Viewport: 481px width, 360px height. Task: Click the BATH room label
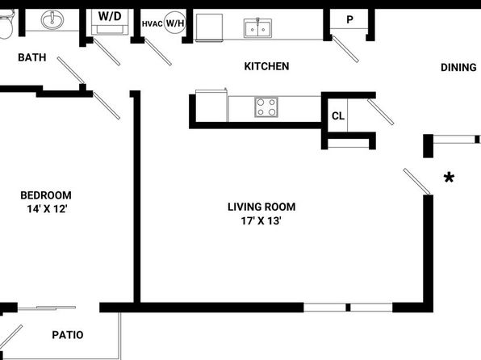[32, 57]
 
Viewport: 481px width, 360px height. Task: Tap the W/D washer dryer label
[110, 16]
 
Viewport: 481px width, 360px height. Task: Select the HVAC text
[153, 23]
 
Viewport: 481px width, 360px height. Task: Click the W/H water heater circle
[175, 23]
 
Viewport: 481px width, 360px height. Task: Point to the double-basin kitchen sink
[257, 28]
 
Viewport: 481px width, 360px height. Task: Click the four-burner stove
[266, 107]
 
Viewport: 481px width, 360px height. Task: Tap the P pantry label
[349, 19]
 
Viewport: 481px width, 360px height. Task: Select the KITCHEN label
[266, 66]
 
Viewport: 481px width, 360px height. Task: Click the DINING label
[458, 68]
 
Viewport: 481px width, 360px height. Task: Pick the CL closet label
[338, 116]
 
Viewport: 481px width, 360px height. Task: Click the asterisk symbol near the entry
[449, 178]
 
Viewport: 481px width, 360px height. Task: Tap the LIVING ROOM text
[261, 207]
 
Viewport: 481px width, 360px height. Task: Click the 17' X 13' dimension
[261, 220]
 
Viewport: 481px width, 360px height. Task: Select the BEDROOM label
[46, 195]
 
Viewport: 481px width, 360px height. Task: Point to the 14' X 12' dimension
[48, 209]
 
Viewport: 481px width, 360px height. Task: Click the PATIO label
[68, 335]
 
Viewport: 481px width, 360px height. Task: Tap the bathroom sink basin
[52, 19]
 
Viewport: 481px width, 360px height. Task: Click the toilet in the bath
[6, 24]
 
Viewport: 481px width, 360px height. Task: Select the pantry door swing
[345, 49]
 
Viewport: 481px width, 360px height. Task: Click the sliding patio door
[47, 308]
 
